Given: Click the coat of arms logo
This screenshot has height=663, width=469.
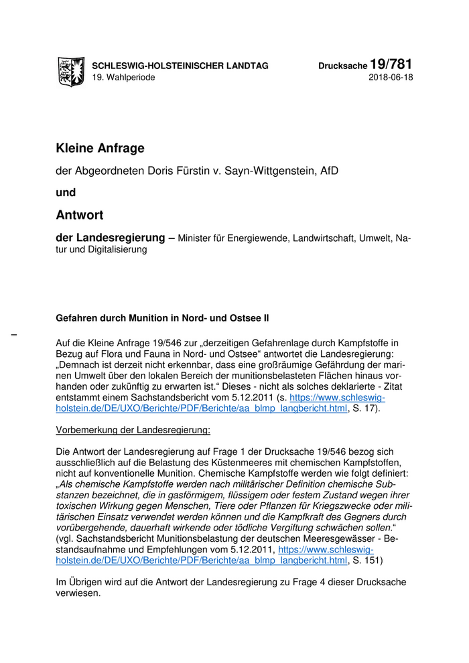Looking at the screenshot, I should (x=71, y=70).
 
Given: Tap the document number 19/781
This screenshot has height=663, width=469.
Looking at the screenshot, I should (x=391, y=64).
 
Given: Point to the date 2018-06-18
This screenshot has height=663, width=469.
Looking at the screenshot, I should (x=391, y=78).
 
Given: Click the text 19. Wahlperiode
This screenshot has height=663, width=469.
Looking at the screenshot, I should (x=123, y=78).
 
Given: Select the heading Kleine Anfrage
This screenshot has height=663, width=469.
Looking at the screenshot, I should (x=100, y=148).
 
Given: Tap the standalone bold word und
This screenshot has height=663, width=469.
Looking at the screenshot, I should (x=66, y=192).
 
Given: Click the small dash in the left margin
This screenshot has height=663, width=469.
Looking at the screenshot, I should (x=13, y=333).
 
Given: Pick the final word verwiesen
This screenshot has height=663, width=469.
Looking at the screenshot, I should (x=78, y=593).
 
